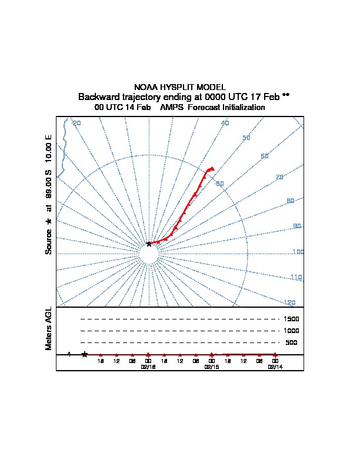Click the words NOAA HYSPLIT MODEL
180,87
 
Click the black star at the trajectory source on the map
149,244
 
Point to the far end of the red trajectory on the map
212,169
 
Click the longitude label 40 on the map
225,123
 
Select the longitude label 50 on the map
246,138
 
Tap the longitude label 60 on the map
265,156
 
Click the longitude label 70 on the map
279,177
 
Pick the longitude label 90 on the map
297,226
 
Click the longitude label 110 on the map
296,277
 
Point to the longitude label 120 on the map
289,302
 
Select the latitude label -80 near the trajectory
219,184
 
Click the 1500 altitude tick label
291,319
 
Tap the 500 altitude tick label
291,342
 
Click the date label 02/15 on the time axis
211,367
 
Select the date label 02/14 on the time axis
275,367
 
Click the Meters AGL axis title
49,328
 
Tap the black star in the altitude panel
85,354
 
